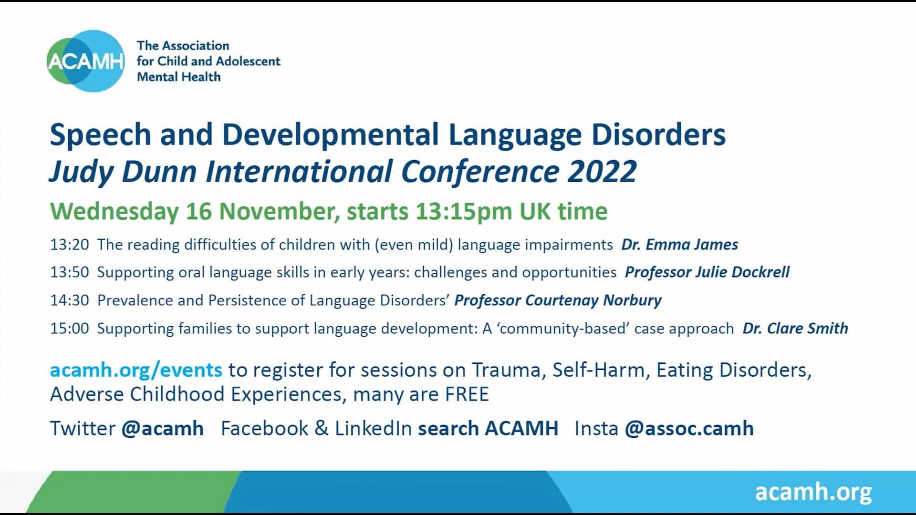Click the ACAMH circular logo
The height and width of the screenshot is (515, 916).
(86, 61)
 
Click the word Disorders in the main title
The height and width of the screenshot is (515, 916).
(658, 134)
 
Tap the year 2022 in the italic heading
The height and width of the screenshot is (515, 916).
(602, 172)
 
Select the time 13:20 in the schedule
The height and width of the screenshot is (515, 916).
(70, 245)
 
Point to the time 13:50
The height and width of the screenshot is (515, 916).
(70, 272)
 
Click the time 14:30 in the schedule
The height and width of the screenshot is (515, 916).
(70, 300)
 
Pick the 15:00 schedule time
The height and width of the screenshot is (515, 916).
(70, 329)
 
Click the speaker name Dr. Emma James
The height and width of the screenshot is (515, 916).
(679, 245)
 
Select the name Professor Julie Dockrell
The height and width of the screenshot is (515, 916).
(707, 272)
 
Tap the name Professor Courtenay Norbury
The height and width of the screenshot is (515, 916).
(558, 300)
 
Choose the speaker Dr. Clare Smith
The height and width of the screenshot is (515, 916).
(795, 329)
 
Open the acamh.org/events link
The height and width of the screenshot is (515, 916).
(136, 370)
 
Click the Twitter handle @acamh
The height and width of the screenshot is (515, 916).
(163, 428)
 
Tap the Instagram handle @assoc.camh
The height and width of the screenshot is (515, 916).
(689, 428)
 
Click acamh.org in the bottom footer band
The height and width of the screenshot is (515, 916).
(813, 492)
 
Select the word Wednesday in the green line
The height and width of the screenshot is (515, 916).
(114, 211)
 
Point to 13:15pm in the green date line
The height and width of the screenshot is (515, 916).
(464, 211)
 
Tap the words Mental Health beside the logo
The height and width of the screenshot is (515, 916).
(178, 77)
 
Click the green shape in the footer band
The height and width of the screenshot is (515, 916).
(134, 492)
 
